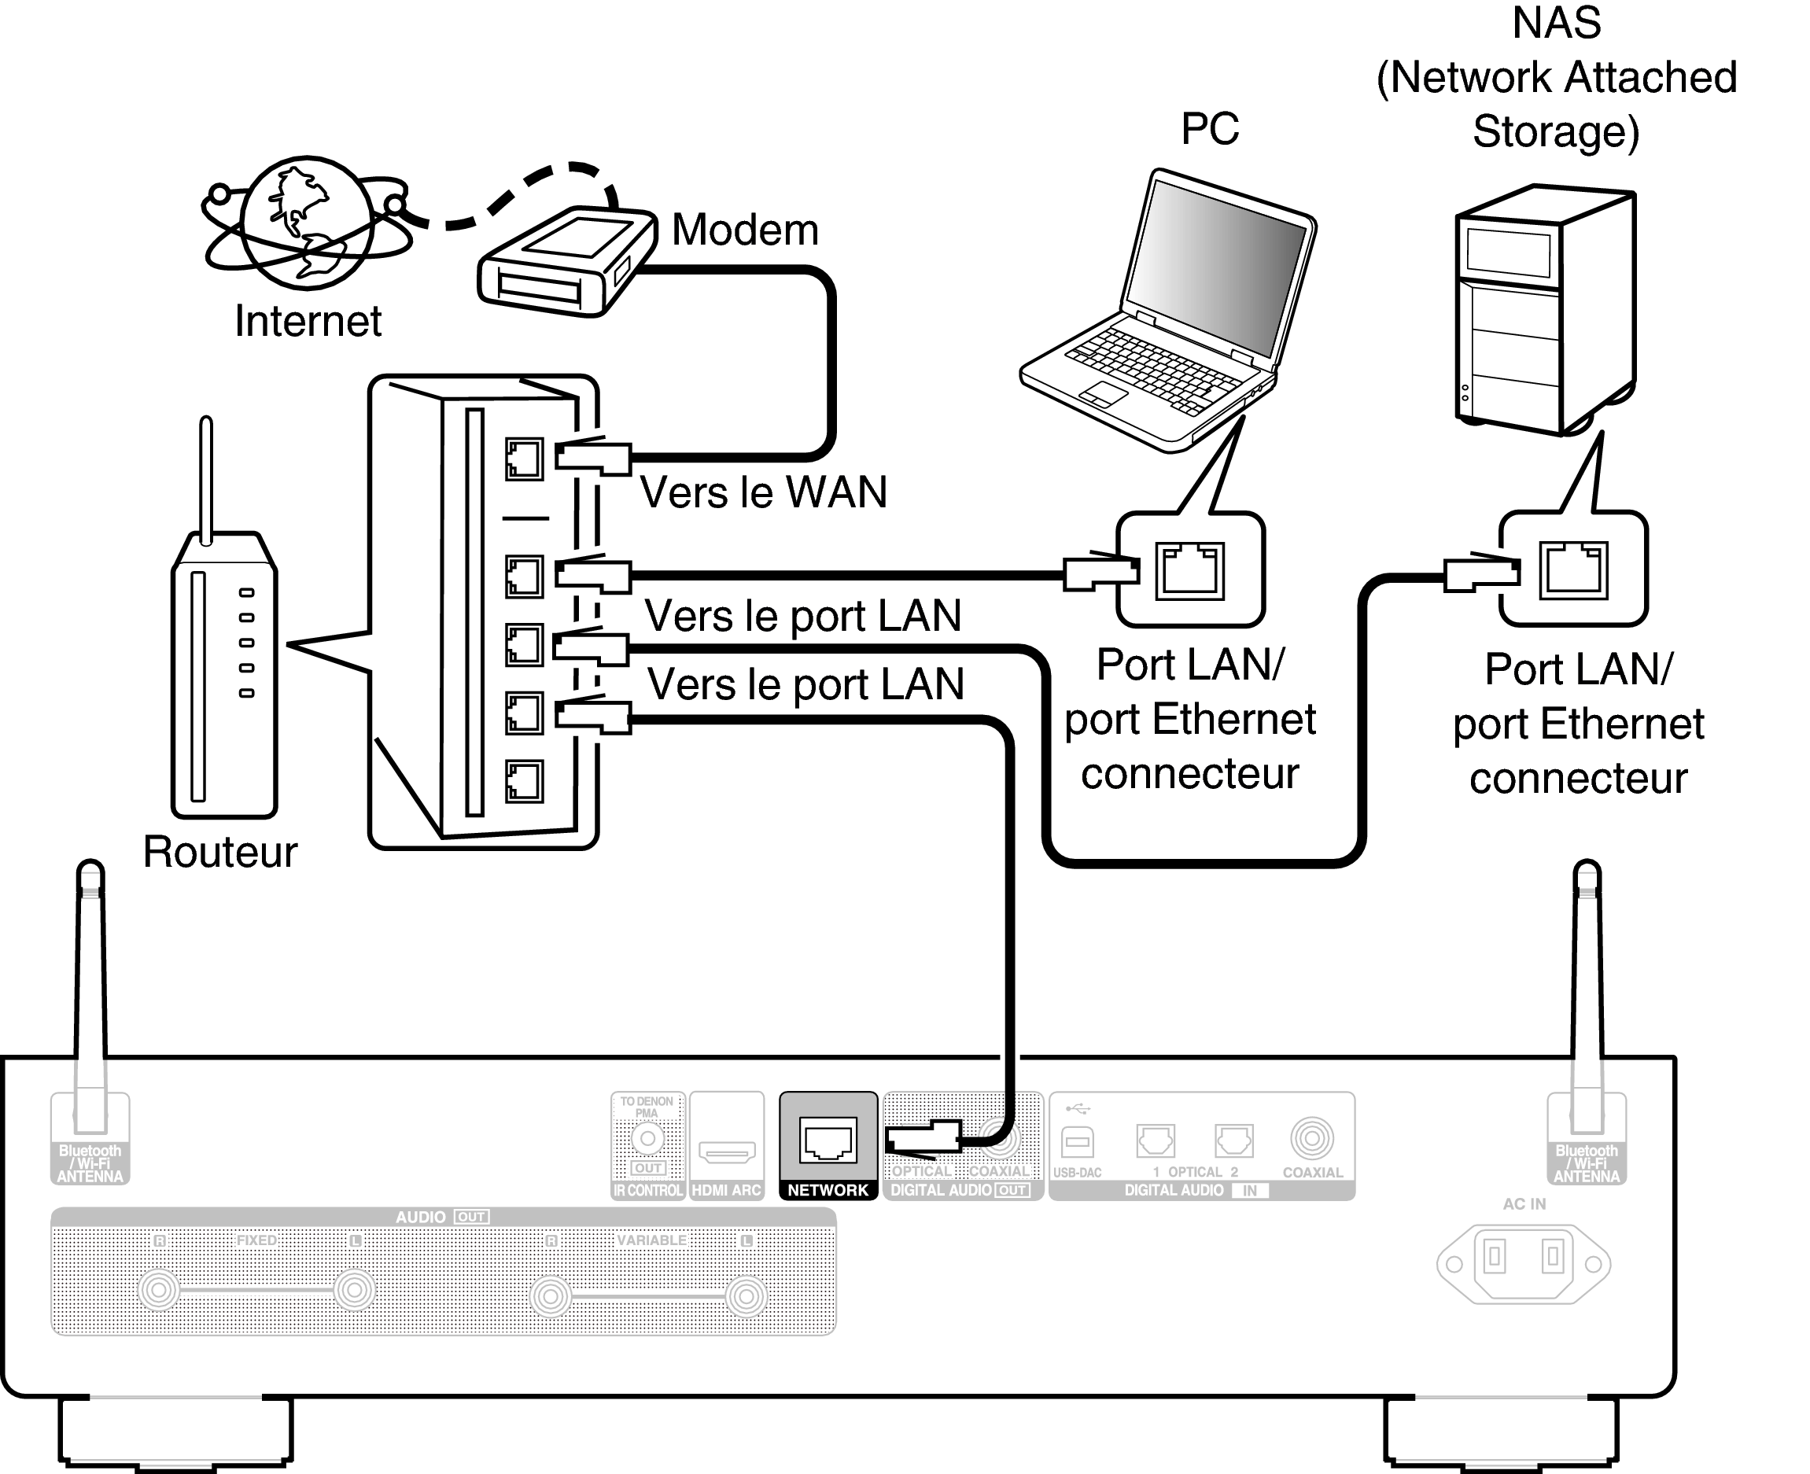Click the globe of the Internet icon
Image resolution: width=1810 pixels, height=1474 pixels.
307,223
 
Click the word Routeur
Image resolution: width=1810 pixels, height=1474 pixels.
220,852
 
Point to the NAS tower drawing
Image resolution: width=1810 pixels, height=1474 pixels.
1545,310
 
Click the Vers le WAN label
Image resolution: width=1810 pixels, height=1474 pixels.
762,492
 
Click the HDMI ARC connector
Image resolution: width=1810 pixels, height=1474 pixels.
727,1152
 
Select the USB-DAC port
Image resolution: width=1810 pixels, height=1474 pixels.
1078,1142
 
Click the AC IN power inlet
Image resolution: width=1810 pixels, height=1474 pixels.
1523,1263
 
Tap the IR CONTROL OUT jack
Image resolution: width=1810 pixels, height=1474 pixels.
647,1139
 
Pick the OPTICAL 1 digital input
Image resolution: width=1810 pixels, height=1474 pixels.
1156,1141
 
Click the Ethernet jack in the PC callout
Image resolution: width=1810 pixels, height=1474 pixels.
1189,571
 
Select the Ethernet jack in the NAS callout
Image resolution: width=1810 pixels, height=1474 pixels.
1573,569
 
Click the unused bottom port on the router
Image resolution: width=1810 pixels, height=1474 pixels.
524,781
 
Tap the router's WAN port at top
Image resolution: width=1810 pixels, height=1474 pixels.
524,459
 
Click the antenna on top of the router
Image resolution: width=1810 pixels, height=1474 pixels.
205,476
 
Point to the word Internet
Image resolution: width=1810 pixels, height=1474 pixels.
308,321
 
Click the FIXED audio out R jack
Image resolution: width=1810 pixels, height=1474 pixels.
159,1291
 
